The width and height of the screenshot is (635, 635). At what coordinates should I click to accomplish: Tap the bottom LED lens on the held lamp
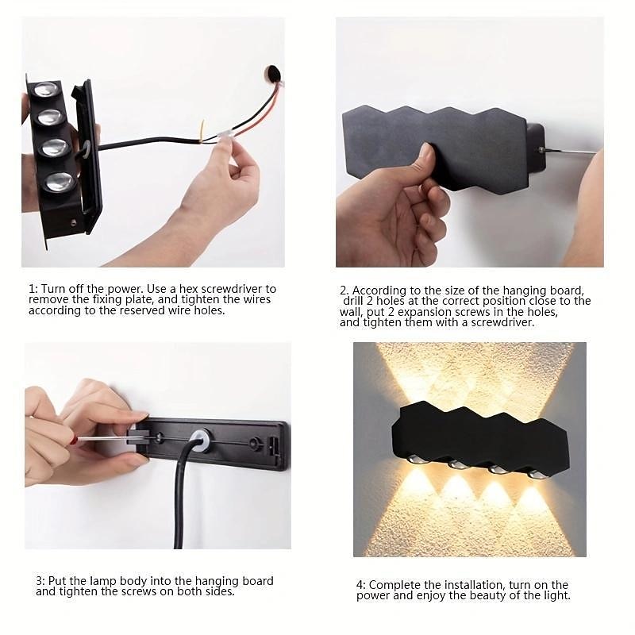coord(60,182)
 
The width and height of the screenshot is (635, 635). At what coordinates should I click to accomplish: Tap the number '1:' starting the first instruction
coord(33,289)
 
